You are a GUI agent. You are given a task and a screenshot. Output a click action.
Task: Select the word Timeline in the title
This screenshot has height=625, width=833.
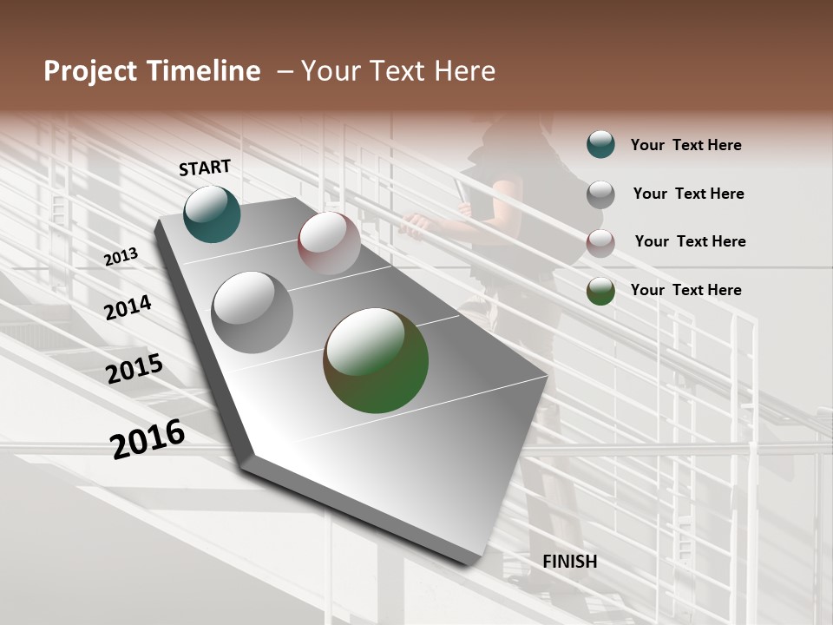204,71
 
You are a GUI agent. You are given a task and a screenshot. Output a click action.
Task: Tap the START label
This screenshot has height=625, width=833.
205,168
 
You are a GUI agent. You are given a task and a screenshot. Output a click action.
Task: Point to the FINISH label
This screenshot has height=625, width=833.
570,562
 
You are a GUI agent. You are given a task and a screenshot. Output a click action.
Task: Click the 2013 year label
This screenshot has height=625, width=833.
121,257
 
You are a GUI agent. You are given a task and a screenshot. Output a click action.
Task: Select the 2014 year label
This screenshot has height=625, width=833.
128,307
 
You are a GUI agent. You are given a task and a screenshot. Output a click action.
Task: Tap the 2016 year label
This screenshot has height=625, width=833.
148,438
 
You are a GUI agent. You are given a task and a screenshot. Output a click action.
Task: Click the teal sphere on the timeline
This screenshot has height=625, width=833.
212,214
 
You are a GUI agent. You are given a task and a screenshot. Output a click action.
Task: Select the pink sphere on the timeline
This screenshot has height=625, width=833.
329,243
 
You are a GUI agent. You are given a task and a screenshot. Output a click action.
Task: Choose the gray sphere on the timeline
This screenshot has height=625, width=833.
253,312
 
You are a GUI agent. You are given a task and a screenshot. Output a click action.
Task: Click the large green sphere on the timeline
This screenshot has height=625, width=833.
376,360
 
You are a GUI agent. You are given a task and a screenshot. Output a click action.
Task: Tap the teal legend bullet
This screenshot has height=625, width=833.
600,144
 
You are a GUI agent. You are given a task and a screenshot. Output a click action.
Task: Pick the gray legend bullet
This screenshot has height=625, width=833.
600,194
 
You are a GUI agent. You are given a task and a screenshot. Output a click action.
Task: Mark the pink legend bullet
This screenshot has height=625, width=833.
600,243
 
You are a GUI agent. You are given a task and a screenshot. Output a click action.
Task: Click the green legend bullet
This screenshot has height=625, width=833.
600,291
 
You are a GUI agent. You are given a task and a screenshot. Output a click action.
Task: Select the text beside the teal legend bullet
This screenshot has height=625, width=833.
686,145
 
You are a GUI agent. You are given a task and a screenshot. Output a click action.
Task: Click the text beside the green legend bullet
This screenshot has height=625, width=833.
686,290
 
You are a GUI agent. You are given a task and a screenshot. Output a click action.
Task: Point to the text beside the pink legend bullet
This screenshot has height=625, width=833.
691,241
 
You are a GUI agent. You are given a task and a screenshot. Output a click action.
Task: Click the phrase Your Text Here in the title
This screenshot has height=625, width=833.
398,71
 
